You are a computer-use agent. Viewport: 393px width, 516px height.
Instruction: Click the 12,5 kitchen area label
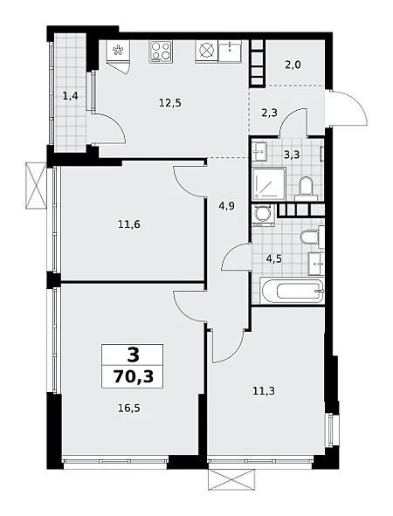[169, 103]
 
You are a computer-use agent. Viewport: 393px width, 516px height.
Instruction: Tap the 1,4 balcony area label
[70, 96]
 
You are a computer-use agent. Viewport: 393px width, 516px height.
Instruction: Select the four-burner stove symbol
[161, 52]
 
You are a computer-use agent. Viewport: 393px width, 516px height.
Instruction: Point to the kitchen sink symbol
[230, 51]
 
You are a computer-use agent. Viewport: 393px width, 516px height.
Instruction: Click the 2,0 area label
[293, 65]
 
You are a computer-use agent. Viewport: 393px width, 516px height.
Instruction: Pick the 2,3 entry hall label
[269, 113]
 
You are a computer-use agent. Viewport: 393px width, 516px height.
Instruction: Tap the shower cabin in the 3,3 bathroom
[269, 183]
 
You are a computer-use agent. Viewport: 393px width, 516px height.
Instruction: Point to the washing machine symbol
[263, 216]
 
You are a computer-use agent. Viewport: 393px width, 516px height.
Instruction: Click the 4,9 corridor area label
[227, 207]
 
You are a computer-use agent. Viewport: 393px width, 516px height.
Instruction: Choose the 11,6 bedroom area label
[129, 224]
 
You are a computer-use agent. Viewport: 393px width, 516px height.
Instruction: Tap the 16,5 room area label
[129, 409]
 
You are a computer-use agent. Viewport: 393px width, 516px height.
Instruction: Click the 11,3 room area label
[264, 391]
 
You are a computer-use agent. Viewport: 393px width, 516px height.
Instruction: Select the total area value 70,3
[134, 376]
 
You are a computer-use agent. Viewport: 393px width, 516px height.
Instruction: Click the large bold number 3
[133, 355]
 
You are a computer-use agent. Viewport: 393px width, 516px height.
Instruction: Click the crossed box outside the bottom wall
[231, 479]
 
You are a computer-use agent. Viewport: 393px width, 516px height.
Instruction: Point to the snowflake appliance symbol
[118, 51]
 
